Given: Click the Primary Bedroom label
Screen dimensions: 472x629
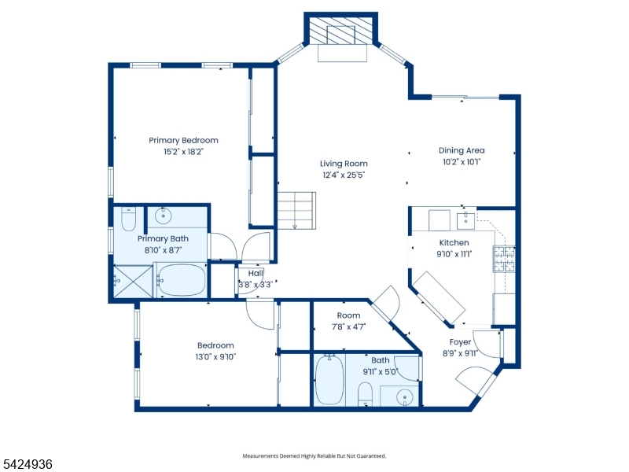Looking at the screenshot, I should (x=183, y=141).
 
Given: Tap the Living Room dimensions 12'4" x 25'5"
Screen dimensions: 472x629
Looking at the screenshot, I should (x=344, y=175).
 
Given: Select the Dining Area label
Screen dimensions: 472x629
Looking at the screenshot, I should (x=462, y=150).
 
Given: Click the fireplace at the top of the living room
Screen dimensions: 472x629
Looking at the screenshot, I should (x=341, y=36).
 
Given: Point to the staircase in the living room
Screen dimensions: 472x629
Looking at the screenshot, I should (x=296, y=210).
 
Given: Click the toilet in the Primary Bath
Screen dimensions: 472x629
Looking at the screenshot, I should (x=129, y=217).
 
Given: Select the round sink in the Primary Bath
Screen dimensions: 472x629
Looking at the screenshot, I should (x=165, y=216).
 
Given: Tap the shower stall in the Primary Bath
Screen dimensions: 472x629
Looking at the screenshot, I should (x=129, y=279).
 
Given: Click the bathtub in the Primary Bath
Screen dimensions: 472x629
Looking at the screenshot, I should (x=182, y=279).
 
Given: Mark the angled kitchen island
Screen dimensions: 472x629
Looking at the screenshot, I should (x=440, y=297).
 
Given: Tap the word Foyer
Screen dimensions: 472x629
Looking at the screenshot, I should (x=460, y=342).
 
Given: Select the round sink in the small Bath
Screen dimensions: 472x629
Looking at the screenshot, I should (x=405, y=396).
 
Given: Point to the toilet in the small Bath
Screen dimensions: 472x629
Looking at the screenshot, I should (x=366, y=393).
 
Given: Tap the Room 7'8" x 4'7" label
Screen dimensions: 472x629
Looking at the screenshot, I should (x=348, y=321).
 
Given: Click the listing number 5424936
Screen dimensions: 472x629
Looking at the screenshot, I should (x=28, y=465).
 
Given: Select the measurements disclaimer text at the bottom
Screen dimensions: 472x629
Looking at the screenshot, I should (x=314, y=455).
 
